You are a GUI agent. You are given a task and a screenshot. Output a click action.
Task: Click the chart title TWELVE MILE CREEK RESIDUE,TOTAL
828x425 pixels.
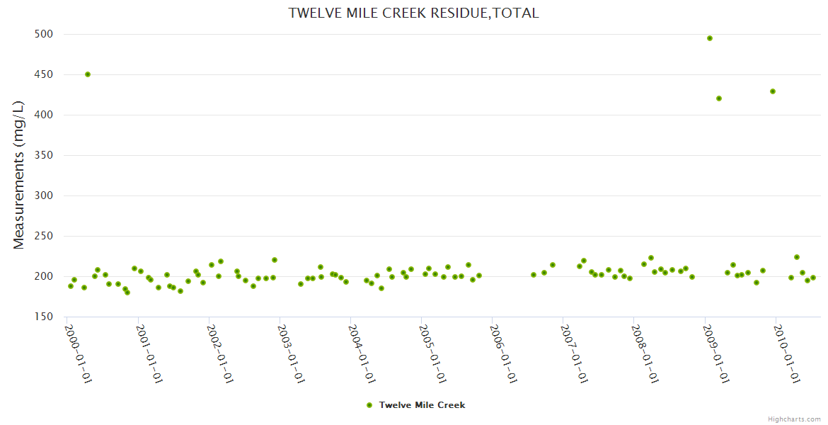coord(413,13)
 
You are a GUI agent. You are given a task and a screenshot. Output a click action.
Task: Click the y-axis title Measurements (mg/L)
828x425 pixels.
coord(19,175)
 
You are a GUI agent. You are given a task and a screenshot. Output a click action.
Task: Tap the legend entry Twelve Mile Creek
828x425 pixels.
coord(422,405)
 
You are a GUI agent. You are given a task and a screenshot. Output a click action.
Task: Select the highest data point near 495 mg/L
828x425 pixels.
coord(710,38)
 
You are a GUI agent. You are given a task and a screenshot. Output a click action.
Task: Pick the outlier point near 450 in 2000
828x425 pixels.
coord(88,74)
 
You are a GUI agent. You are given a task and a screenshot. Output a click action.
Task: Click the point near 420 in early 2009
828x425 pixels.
coord(719,98)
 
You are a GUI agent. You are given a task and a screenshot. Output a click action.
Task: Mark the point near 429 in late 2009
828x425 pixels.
coord(773,91)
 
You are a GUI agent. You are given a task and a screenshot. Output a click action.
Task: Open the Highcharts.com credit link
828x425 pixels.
coord(794,419)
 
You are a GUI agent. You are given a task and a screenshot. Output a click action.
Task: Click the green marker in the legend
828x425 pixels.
coord(369,405)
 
